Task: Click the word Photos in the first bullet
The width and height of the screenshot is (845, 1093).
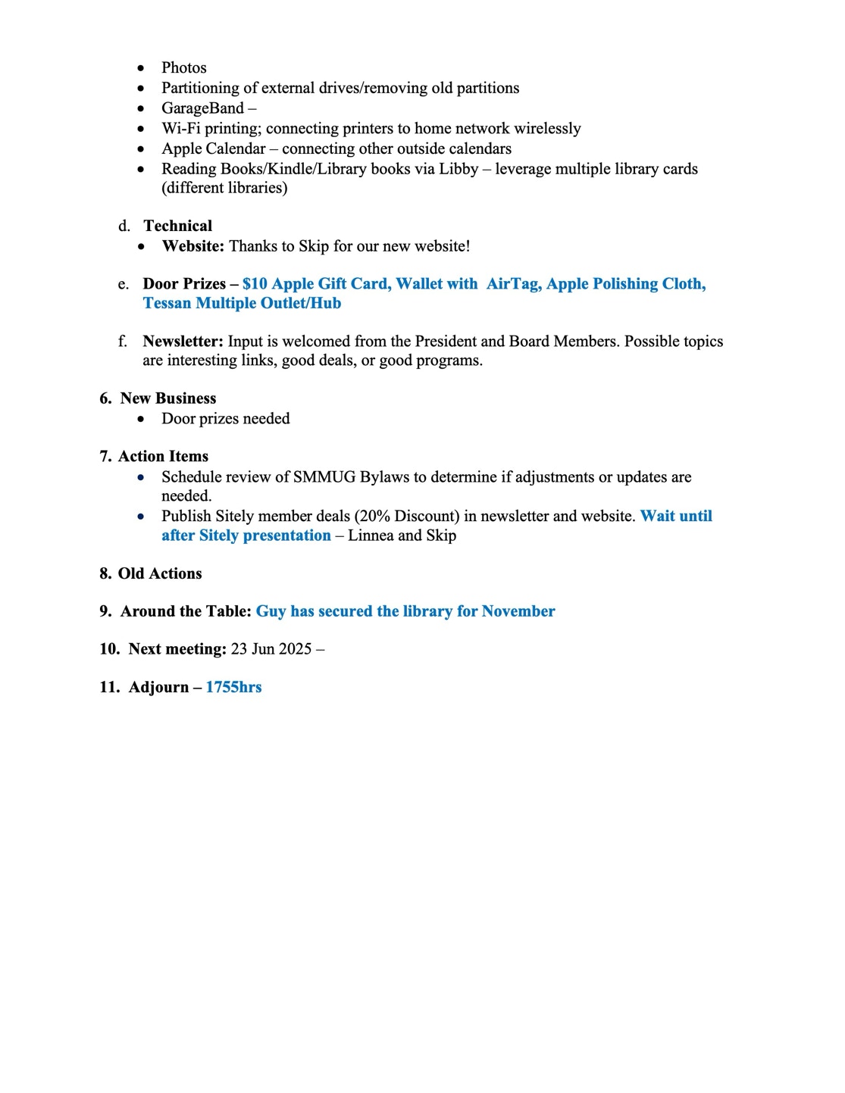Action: [183, 68]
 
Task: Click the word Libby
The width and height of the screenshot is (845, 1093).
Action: [458, 169]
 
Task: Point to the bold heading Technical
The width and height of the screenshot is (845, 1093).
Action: [177, 226]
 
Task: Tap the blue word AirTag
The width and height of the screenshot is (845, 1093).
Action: [513, 284]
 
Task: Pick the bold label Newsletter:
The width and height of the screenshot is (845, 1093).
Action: [183, 342]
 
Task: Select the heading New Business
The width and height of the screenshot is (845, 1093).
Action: [167, 398]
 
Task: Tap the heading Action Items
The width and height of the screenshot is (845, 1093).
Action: [163, 456]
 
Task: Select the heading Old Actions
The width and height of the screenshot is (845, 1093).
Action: [160, 573]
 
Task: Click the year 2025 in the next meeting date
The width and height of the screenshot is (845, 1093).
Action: [294, 649]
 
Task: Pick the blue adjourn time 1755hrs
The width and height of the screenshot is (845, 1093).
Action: [233, 687]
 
